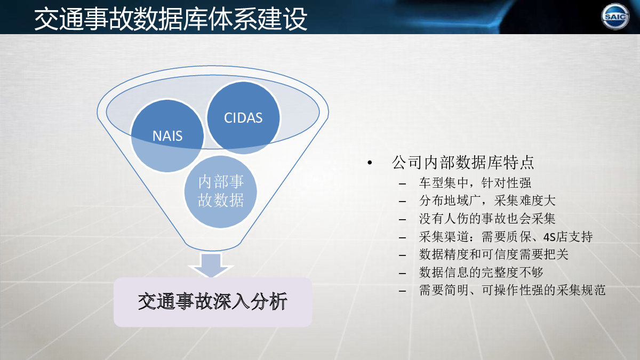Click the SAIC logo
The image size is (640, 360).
pyautogui.click(x=615, y=17)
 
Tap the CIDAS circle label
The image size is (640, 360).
pyautogui.click(x=243, y=118)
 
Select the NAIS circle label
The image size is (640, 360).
pyautogui.click(x=167, y=135)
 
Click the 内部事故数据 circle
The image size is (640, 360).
pyautogui.click(x=221, y=191)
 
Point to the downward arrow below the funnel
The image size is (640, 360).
pyautogui.click(x=211, y=265)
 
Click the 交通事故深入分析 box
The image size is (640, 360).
pyautogui.click(x=213, y=302)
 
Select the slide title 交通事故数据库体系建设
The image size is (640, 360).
pyautogui.click(x=171, y=19)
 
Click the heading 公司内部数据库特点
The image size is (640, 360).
pyautogui.click(x=463, y=163)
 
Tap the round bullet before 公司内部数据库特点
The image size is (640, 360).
pyautogui.click(x=370, y=163)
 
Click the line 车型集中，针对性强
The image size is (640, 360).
pyautogui.click(x=475, y=183)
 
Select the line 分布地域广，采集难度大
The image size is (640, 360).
pyautogui.click(x=487, y=201)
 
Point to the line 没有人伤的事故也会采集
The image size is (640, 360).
pyautogui.click(x=487, y=219)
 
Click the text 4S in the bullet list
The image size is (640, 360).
pyautogui.click(x=549, y=237)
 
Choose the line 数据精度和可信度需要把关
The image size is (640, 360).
pyautogui.click(x=494, y=254)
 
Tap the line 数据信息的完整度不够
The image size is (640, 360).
pyautogui.click(x=481, y=273)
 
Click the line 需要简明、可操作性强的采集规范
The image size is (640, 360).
pyautogui.click(x=513, y=290)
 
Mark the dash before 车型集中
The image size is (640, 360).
pyautogui.click(x=402, y=183)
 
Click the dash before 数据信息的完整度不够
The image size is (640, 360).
pyautogui.click(x=402, y=273)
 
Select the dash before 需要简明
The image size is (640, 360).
pyautogui.click(x=402, y=291)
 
